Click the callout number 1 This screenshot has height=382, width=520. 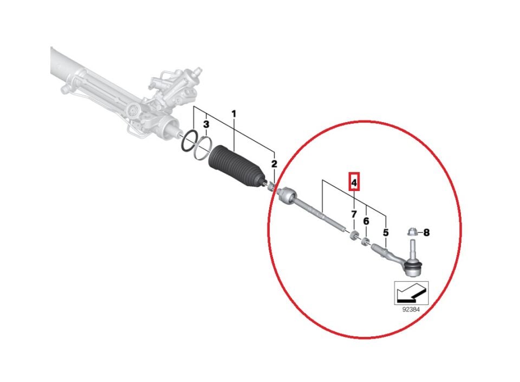(x=233, y=114)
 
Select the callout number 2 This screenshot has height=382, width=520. (x=274, y=163)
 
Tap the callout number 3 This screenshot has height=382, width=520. (x=206, y=125)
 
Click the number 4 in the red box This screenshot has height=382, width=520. (x=354, y=182)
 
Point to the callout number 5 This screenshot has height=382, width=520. (x=386, y=233)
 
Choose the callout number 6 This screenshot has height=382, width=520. (x=366, y=221)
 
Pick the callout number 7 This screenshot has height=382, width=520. (x=354, y=214)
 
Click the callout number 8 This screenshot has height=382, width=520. (x=426, y=233)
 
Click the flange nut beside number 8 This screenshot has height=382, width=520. (x=412, y=232)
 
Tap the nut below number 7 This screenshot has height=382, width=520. (x=354, y=235)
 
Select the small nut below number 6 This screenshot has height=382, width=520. (x=366, y=241)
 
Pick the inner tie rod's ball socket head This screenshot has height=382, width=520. (x=286, y=195)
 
